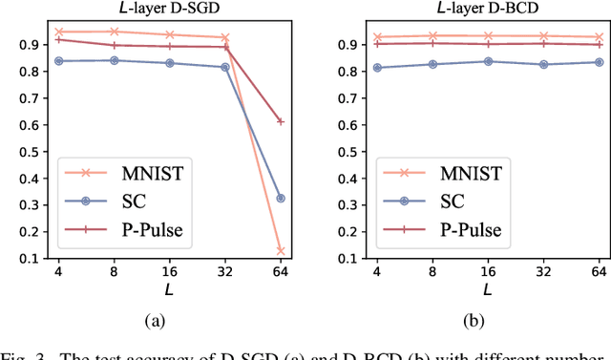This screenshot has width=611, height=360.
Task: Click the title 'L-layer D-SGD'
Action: (x=170, y=10)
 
